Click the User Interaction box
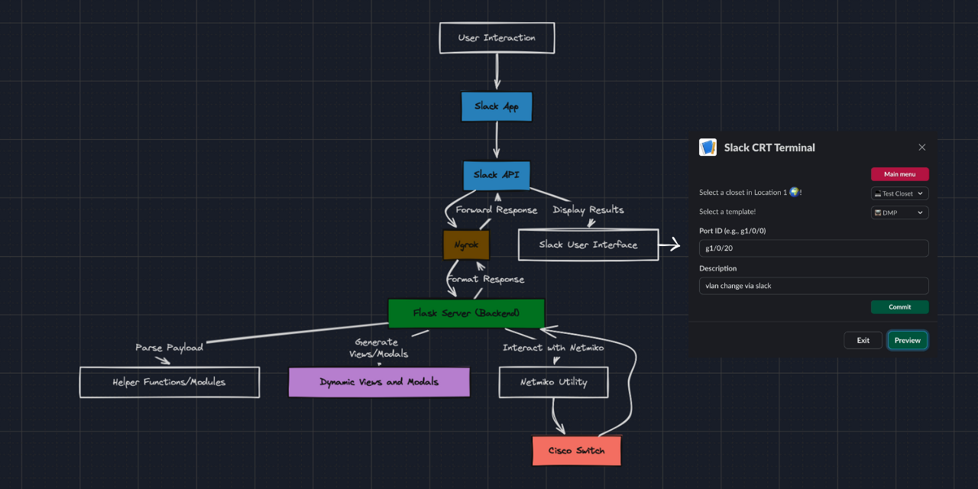[497, 38]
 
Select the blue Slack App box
[496, 107]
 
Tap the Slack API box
[496, 175]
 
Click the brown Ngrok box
[465, 245]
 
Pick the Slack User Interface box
[588, 245]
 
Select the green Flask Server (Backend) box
[466, 313]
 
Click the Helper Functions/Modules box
[169, 382]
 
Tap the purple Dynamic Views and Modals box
[379, 382]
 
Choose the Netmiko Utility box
[553, 382]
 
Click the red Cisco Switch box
[576, 451]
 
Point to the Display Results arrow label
[588, 210]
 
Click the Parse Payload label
[169, 348]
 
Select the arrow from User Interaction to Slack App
[497, 72]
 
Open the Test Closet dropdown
[899, 194]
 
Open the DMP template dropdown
[899, 212]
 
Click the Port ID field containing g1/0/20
[814, 248]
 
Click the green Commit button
[899, 307]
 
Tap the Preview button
[907, 340]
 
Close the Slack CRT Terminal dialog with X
[921, 147]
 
